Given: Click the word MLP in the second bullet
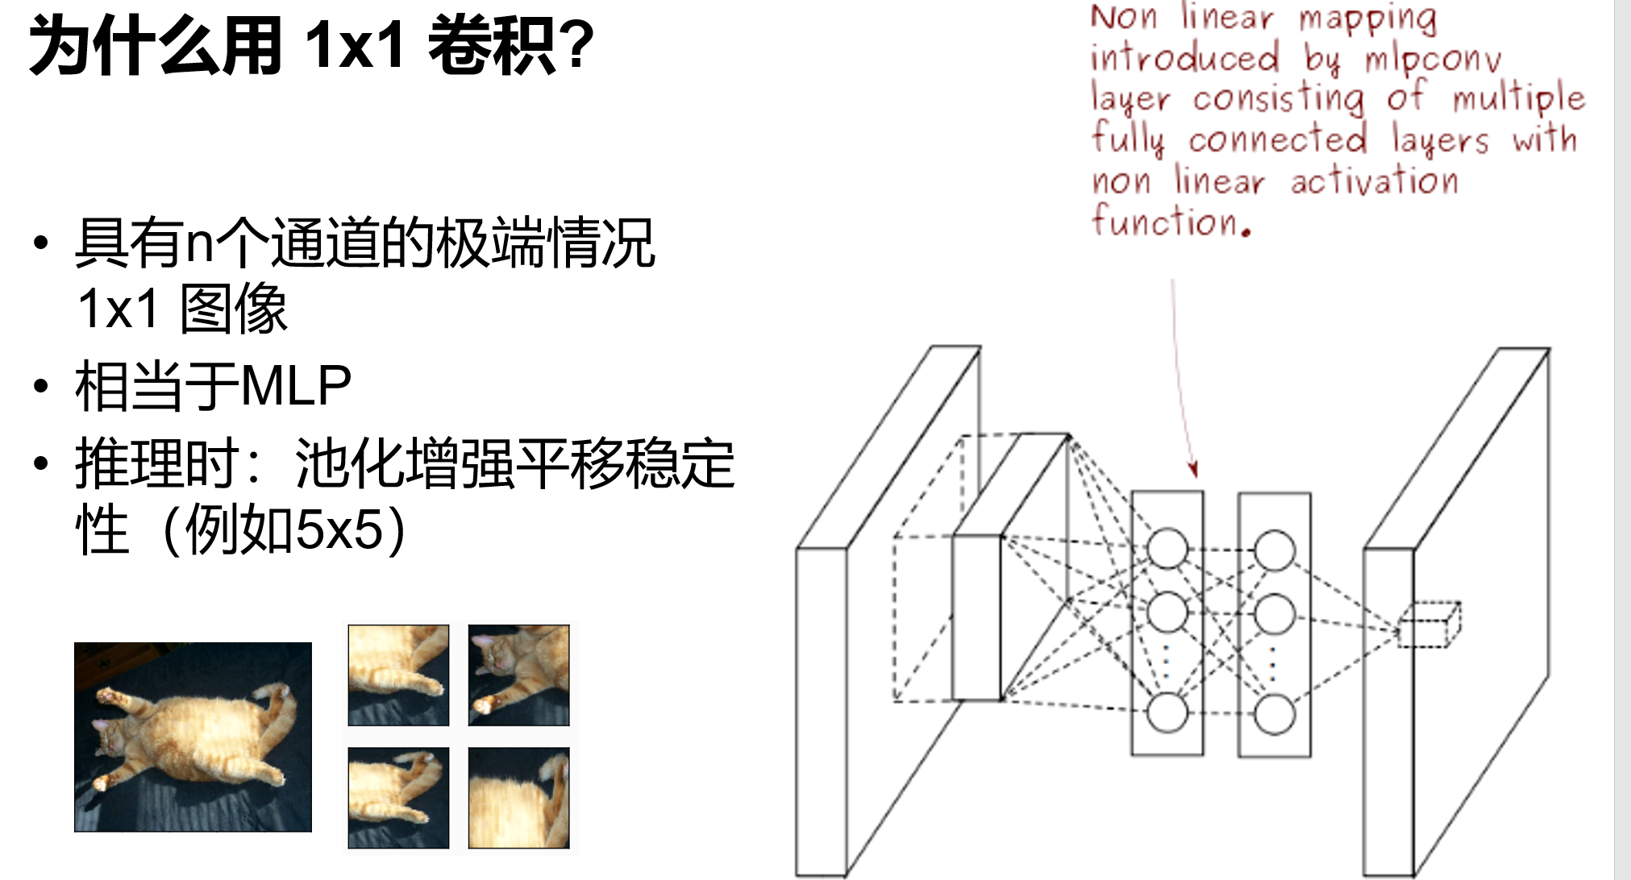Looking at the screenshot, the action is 296,385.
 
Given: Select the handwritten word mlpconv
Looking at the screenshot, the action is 1433,59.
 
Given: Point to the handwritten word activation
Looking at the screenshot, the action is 1374,180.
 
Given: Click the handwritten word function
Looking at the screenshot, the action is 1171,221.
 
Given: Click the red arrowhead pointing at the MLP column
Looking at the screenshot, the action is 1193,469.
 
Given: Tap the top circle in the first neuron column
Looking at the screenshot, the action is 1167,549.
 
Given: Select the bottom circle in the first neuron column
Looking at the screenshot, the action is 1167,712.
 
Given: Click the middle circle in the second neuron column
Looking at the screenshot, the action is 1275,613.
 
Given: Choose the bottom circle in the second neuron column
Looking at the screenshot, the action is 1275,714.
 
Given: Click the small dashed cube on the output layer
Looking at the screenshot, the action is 1429,625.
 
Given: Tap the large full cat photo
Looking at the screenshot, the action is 193,737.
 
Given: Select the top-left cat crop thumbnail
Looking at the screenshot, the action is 398,675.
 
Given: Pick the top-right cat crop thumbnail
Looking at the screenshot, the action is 518,675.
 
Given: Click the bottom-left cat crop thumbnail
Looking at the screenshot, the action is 398,798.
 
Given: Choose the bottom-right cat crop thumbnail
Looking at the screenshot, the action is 518,798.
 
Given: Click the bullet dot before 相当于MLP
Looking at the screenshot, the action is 41,386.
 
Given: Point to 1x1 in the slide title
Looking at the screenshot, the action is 355,46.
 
